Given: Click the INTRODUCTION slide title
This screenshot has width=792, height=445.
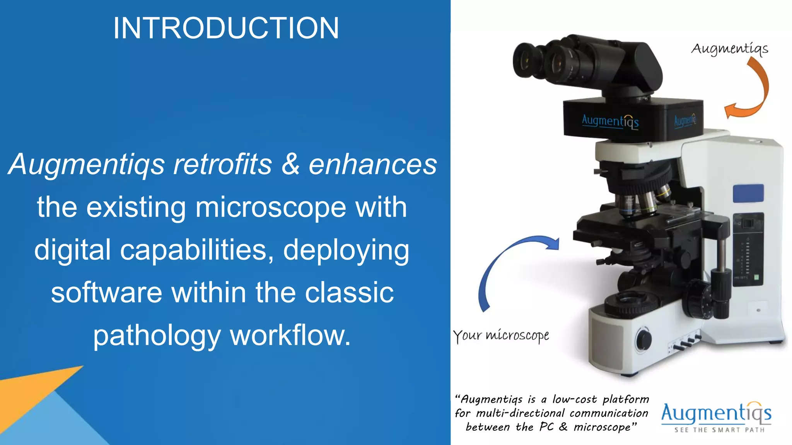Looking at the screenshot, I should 226,28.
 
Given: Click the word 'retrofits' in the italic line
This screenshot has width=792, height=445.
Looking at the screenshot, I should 222,165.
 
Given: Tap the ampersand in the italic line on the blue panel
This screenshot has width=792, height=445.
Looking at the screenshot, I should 290,165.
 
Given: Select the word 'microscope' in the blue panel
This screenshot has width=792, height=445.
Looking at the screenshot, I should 270,207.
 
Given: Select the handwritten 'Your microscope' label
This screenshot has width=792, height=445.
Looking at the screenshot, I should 501,335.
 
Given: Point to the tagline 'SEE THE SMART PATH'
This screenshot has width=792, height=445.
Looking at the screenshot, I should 719,430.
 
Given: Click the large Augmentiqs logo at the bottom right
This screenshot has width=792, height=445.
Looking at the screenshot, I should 716,413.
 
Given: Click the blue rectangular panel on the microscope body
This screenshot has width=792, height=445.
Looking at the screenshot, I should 748,193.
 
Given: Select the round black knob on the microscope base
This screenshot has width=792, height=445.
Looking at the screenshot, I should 643,340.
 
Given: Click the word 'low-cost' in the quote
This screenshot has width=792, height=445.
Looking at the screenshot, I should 574,399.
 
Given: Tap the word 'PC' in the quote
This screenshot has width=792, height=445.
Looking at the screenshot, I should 546,427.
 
